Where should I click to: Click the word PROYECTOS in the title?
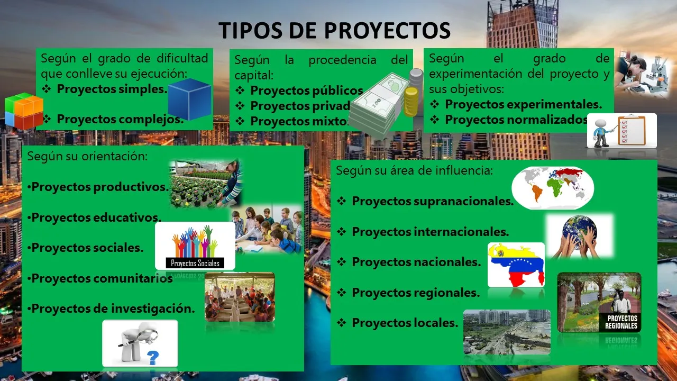coord(388,30)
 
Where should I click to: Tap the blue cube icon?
coord(189,99)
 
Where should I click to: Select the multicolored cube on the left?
coord(24,111)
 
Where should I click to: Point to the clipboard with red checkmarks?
coord(632,130)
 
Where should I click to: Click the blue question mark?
coord(153,358)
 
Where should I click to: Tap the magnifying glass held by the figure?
coord(142,338)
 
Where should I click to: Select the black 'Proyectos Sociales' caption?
coord(195,263)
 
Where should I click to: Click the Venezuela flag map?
coord(516,265)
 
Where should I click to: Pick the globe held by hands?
coord(579,232)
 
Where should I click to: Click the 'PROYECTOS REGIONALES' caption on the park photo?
coord(621,322)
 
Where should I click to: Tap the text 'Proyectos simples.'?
coord(112,89)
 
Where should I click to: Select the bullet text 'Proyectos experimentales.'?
coord(524,104)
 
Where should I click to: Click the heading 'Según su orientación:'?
coord(87,156)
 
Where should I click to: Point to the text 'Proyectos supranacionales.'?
coord(433,201)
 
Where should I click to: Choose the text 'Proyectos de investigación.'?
coord(113,309)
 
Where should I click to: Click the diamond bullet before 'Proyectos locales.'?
coord(342,323)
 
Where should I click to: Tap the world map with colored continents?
coord(553,188)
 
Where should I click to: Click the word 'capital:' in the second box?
coord(254,75)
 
